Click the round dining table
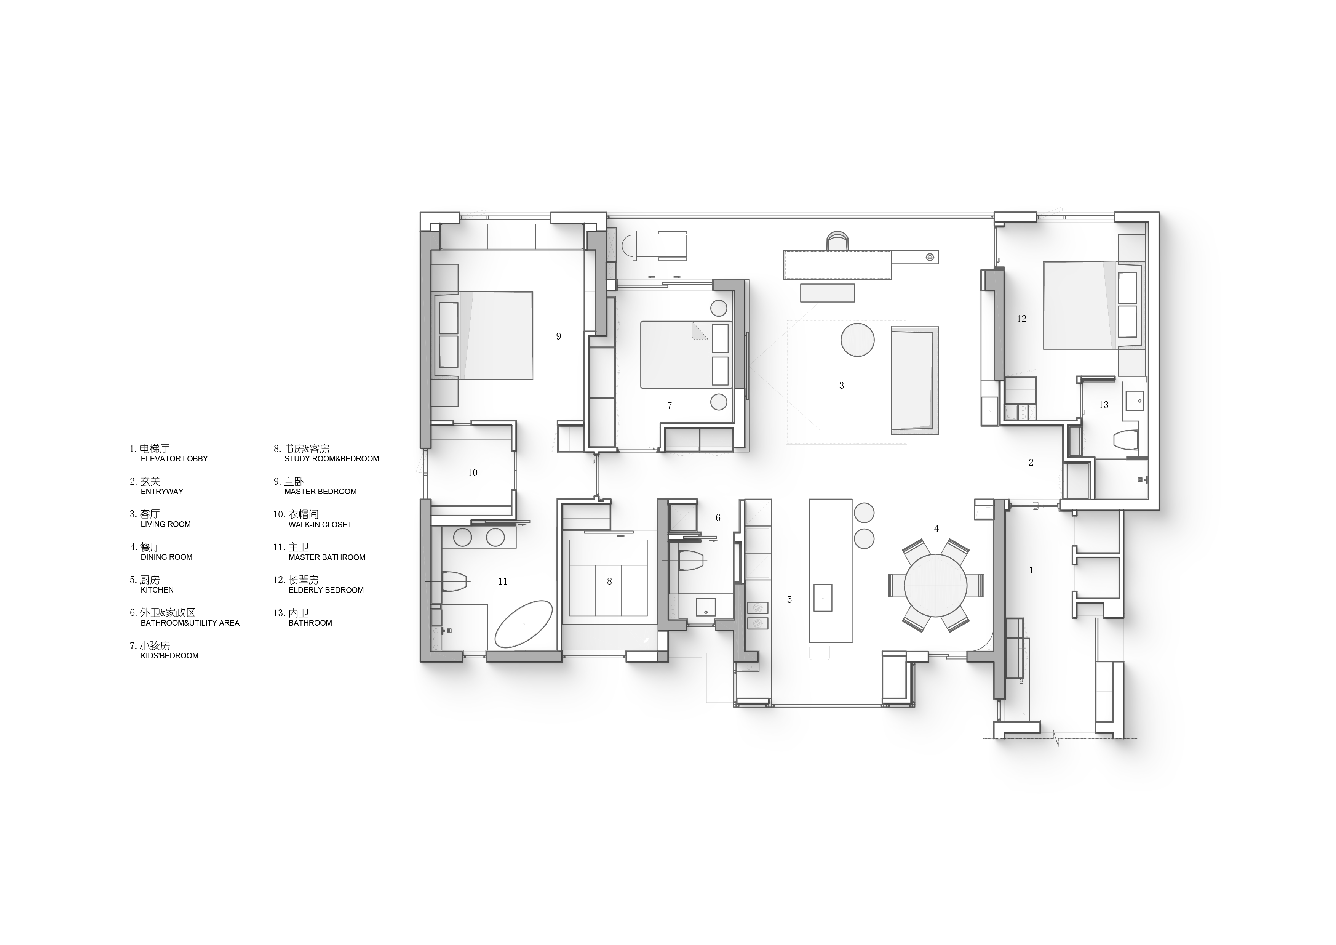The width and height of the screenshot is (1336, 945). [936, 586]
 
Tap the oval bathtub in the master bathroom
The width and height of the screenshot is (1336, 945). [524, 624]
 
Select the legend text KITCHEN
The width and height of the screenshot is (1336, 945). [157, 590]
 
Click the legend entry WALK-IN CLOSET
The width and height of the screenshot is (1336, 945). [320, 525]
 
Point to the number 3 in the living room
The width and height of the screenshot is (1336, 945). [841, 386]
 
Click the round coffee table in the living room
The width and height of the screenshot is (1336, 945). [857, 340]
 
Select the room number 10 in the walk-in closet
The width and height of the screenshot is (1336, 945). [473, 473]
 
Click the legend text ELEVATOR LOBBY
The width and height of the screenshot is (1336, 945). [174, 459]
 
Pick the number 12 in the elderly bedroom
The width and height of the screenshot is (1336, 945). [1022, 319]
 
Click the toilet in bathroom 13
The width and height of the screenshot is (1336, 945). [1125, 440]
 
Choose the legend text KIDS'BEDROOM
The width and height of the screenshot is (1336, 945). [169, 656]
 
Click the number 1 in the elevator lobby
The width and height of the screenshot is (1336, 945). [1032, 570]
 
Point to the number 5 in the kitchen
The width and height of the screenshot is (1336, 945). [789, 600]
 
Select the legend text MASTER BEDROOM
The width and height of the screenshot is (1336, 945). [321, 492]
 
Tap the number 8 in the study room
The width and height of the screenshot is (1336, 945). [609, 581]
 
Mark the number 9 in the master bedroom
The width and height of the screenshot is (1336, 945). [559, 336]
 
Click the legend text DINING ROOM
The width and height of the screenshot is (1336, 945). [166, 557]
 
